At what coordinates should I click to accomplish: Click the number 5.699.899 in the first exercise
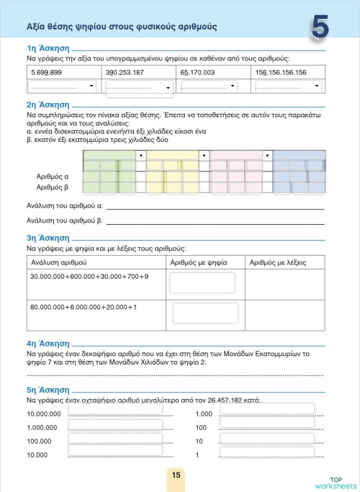(47, 73)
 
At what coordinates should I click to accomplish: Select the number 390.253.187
(125, 73)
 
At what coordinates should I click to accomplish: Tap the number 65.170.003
(197, 73)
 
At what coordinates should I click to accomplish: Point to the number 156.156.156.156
(282, 73)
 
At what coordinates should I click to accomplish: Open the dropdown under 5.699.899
(63, 86)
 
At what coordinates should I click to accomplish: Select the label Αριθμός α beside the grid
(53, 176)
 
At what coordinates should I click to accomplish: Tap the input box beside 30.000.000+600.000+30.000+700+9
(202, 283)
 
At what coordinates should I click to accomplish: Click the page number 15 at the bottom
(176, 475)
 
